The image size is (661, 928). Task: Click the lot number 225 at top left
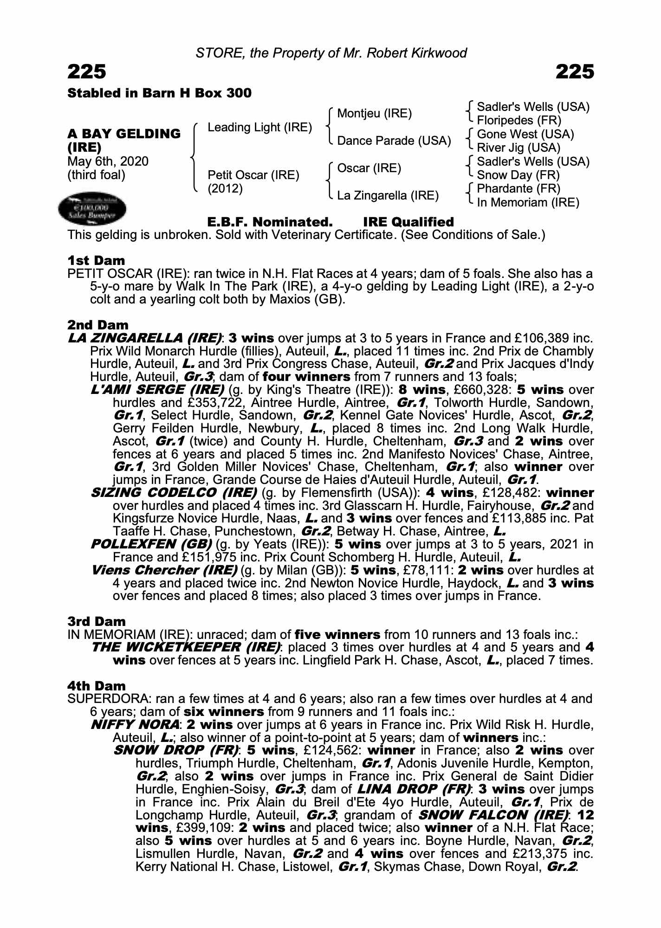[x=87, y=72]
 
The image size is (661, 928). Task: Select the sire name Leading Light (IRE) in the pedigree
[x=259, y=128]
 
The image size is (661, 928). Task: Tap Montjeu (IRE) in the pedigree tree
[x=374, y=114]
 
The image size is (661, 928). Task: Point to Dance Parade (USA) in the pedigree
[x=394, y=141]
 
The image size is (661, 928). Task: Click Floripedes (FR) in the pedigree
[x=519, y=121]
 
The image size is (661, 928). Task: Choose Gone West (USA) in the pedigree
[x=525, y=135]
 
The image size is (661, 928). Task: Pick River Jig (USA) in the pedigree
[x=518, y=148]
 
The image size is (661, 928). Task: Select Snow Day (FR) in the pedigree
[x=518, y=175]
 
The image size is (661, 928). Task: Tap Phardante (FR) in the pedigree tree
[x=518, y=189]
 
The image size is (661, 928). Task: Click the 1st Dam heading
[x=96, y=261]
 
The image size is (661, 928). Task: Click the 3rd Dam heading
[x=97, y=622]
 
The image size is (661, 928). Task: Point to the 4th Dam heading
[x=97, y=686]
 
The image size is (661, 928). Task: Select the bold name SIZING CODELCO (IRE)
[x=174, y=493]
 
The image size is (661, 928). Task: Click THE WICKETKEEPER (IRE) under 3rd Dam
[x=186, y=647]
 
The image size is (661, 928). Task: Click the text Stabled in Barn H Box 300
[x=159, y=93]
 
